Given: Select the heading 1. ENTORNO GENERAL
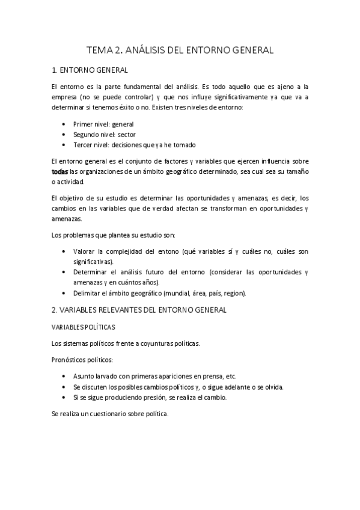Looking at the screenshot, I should click(x=89, y=71).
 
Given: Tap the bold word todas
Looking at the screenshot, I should click(x=60, y=171).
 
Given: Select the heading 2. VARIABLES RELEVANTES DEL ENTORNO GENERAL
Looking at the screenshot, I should click(x=139, y=310).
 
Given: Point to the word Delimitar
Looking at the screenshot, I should click(x=87, y=293).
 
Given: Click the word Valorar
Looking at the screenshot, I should click(x=85, y=251).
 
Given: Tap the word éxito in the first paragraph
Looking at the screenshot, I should click(x=150, y=108).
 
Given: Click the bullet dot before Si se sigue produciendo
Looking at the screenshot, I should click(x=64, y=398).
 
